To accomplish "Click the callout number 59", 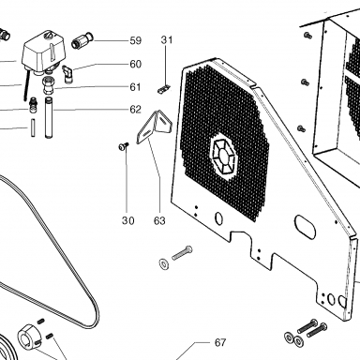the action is click(136, 40).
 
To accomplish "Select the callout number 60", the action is click(136, 64).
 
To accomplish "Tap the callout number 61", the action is click(135, 87).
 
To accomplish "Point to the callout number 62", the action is click(136, 110).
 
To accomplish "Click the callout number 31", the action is click(167, 40).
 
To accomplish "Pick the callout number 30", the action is click(127, 220).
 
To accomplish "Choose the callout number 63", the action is click(159, 220).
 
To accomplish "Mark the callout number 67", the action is click(220, 343).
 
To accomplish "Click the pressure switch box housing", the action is click(44, 52).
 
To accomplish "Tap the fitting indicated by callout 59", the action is click(81, 40).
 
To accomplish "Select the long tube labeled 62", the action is click(50, 117).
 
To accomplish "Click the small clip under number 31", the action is click(163, 89).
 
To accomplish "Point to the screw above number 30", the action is click(124, 146).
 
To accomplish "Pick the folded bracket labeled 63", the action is click(154, 127).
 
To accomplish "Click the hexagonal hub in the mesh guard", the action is click(224, 156).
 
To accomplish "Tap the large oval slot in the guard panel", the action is click(305, 227).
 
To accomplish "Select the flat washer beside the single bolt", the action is click(164, 263).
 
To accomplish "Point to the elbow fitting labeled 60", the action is click(67, 74).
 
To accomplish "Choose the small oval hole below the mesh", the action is click(219, 218).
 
